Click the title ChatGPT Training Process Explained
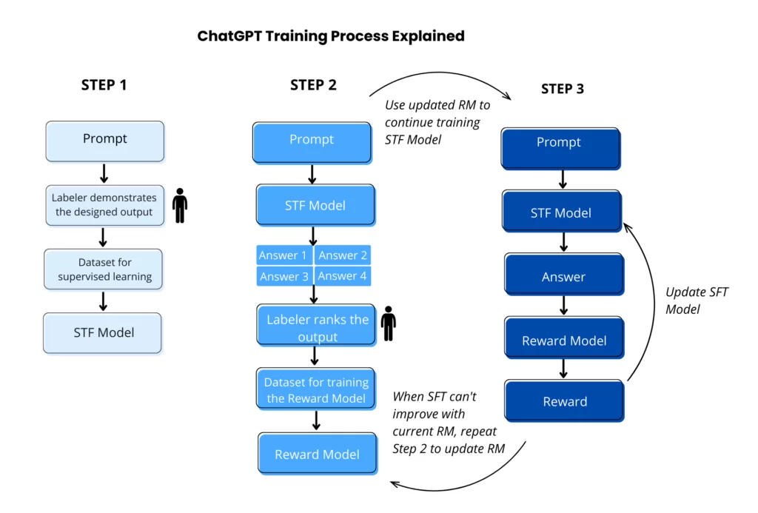tap(330, 36)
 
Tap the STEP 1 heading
tap(104, 85)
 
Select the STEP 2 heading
tap(313, 85)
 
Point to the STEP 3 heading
tap(562, 89)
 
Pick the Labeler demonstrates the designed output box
tap(104, 205)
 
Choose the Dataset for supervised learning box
tap(104, 269)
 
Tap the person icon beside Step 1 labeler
tap(179, 206)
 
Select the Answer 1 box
tap(284, 255)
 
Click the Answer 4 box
tap(342, 276)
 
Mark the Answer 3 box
tap(284, 276)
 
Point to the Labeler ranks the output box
tap(317, 327)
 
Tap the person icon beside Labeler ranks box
tap(388, 323)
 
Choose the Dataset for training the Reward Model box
tap(316, 390)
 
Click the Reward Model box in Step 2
tap(317, 454)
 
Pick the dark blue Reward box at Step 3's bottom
tap(564, 401)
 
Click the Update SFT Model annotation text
tap(696, 301)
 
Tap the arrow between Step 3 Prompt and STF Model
tap(563, 179)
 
